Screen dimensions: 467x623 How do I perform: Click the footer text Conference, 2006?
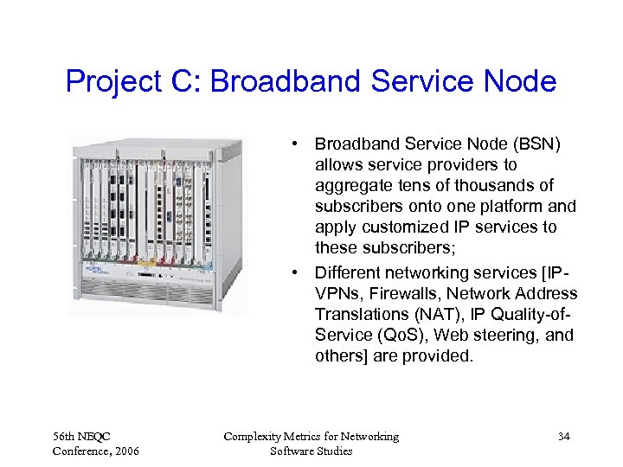(94, 451)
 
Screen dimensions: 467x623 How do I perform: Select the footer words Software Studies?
(311, 451)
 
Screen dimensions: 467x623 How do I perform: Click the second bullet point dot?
(296, 273)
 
